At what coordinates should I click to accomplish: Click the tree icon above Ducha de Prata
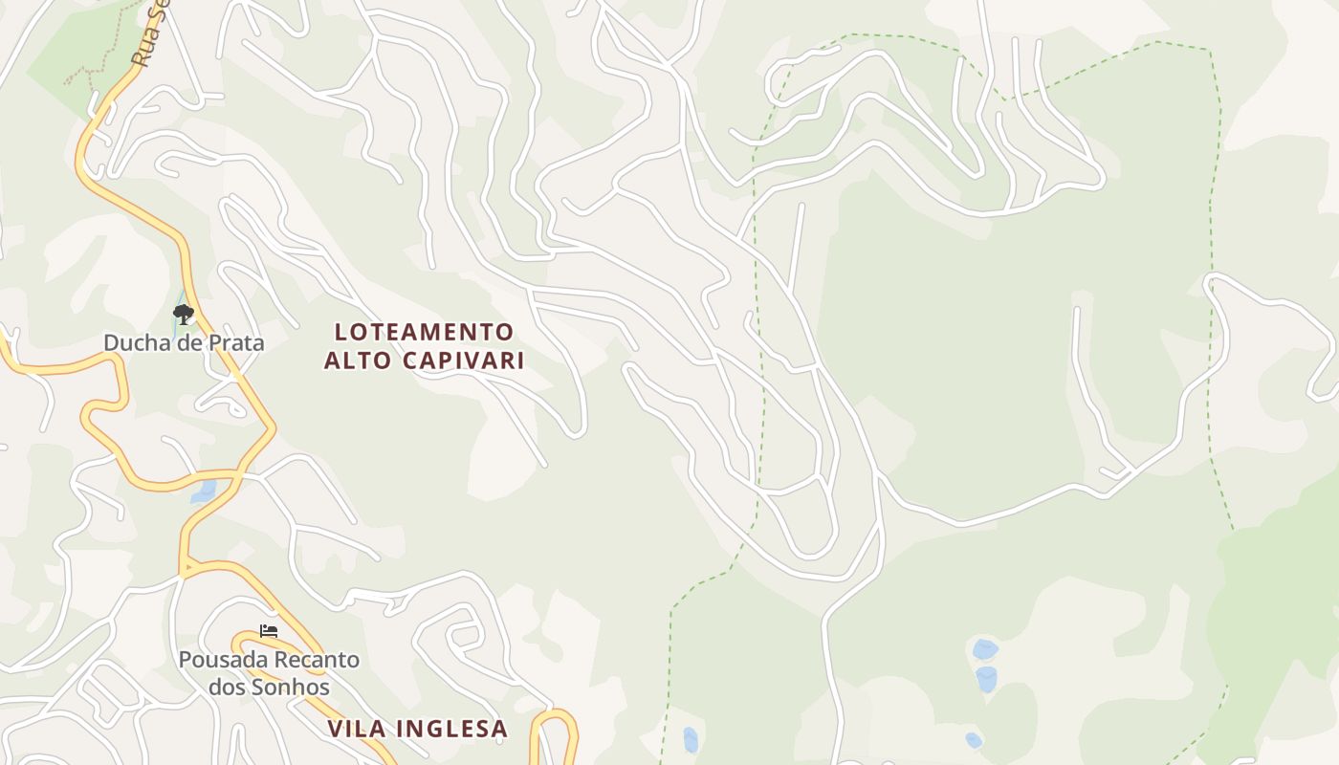point(183,314)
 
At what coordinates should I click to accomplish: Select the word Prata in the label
point(235,342)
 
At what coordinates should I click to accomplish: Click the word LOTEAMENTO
point(425,333)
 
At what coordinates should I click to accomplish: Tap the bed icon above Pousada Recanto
point(269,631)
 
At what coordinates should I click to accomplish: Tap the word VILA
point(360,729)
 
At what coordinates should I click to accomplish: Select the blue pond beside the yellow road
point(204,492)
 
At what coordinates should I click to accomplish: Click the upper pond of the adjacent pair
point(985,650)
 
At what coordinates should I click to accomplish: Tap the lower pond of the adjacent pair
point(986,679)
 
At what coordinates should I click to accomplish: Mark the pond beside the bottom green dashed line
point(691,739)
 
